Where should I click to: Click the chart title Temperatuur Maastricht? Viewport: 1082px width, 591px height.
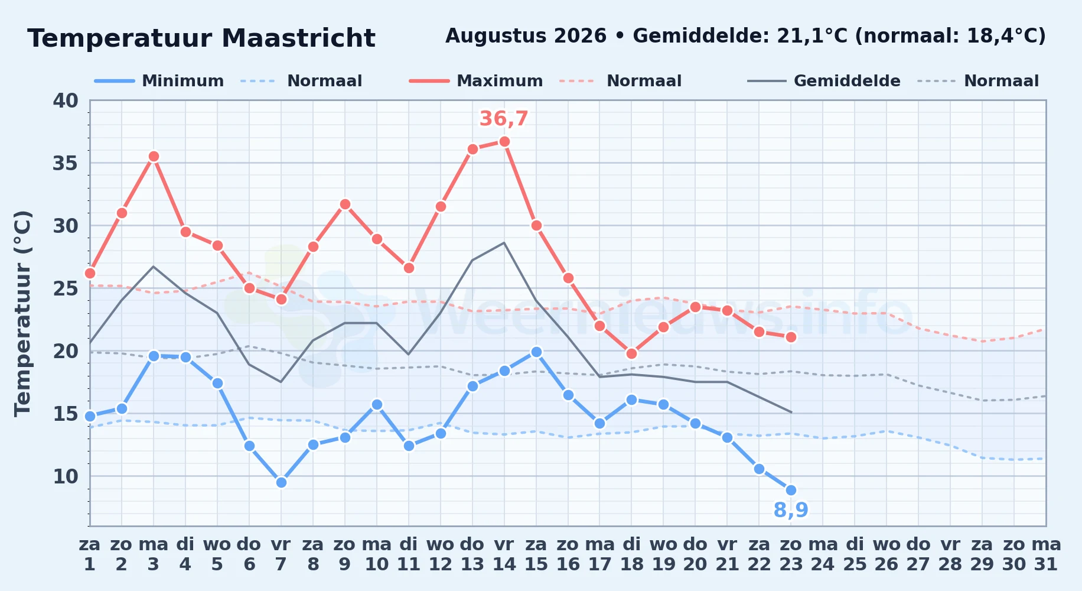[x=201, y=38]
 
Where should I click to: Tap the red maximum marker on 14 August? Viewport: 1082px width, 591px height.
[x=504, y=142]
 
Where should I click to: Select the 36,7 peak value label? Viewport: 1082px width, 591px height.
[x=504, y=119]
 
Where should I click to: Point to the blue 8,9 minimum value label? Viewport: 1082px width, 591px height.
[x=791, y=509]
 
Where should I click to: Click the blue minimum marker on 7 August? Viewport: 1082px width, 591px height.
[x=281, y=482]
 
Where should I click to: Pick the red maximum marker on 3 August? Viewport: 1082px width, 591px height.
[x=154, y=157]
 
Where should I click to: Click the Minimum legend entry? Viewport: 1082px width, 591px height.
[x=159, y=81]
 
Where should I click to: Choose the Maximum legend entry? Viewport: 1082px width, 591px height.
[x=476, y=81]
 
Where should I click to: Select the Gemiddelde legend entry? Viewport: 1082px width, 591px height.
[x=824, y=81]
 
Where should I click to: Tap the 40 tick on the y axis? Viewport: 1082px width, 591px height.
[x=65, y=100]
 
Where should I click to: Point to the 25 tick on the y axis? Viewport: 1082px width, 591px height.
[x=65, y=288]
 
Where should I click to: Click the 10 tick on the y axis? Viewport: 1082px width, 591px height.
[x=65, y=476]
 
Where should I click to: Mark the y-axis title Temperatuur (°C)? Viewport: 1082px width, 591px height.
[x=22, y=313]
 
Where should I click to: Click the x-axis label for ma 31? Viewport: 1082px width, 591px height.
[x=1046, y=554]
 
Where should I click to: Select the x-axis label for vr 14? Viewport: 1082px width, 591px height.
[x=504, y=554]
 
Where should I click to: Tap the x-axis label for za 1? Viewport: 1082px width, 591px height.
[x=90, y=554]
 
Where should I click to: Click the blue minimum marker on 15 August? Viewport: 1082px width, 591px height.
[x=536, y=352]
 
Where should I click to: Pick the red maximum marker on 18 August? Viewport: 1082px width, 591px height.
[x=631, y=354]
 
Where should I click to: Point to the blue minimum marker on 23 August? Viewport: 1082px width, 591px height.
[x=791, y=490]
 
